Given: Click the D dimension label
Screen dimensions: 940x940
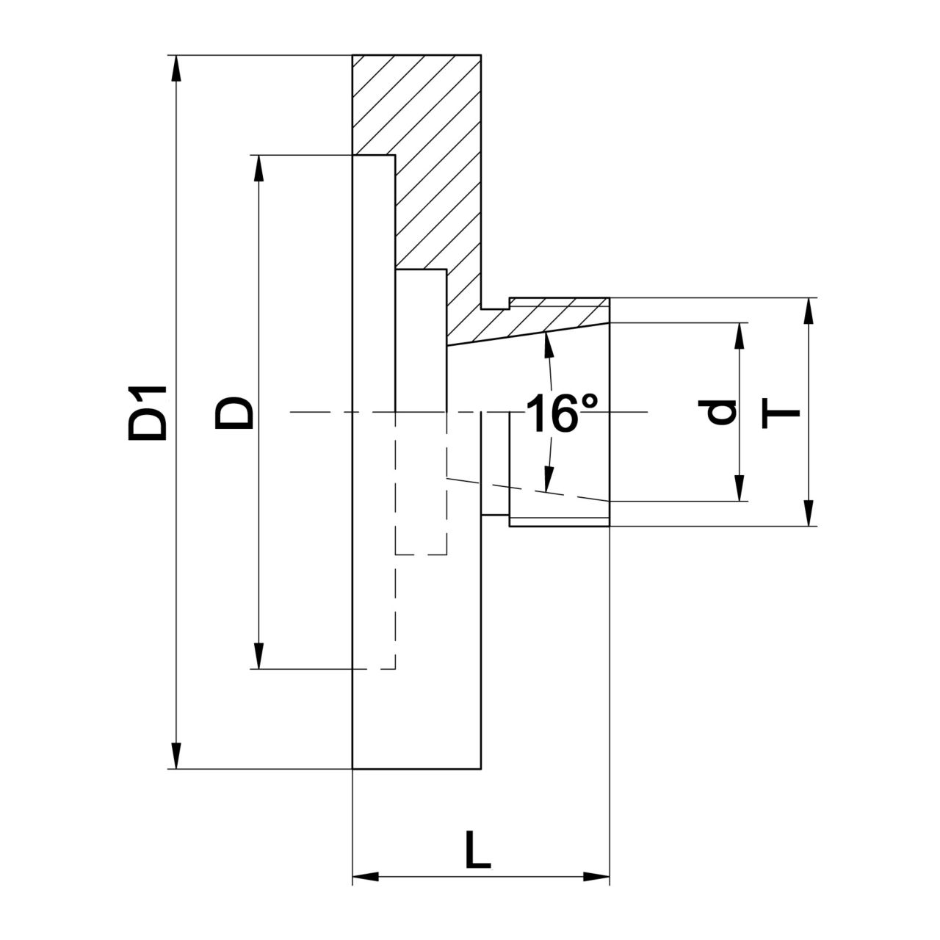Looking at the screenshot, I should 234,412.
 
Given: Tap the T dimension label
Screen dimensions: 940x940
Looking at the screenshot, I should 783,412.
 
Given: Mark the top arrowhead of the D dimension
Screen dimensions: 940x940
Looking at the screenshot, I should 258,167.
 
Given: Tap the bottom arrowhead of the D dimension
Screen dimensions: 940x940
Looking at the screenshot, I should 258,656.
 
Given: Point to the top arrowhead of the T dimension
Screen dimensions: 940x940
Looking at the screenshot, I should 809,311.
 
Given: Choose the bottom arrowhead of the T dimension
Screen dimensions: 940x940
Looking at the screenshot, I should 809,513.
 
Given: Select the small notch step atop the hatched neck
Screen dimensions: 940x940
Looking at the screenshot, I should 496,303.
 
